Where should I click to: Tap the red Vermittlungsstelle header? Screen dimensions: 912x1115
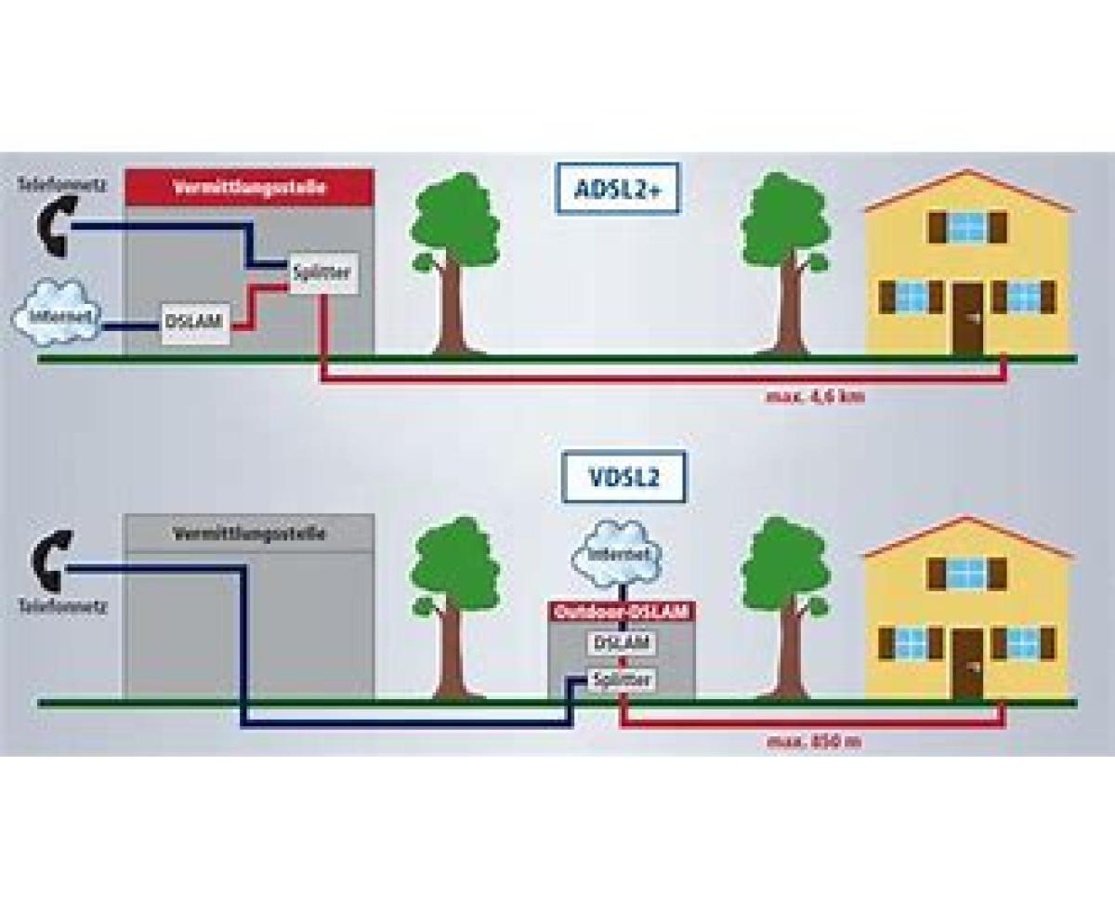pyautogui.click(x=249, y=186)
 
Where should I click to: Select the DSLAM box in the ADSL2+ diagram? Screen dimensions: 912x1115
pyautogui.click(x=194, y=322)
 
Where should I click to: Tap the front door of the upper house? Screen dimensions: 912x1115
pyautogui.click(x=968, y=317)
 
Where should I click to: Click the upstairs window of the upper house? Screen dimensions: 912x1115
pyautogui.click(x=967, y=226)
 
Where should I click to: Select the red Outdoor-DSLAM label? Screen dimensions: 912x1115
pyautogui.click(x=620, y=613)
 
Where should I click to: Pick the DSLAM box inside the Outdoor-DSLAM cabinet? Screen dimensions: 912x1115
pyautogui.click(x=620, y=642)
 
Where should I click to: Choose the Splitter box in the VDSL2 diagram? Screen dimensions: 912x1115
pyautogui.click(x=622, y=681)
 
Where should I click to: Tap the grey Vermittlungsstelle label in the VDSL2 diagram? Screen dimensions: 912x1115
pyautogui.click(x=249, y=534)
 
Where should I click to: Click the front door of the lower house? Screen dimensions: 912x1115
pyautogui.click(x=968, y=663)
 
